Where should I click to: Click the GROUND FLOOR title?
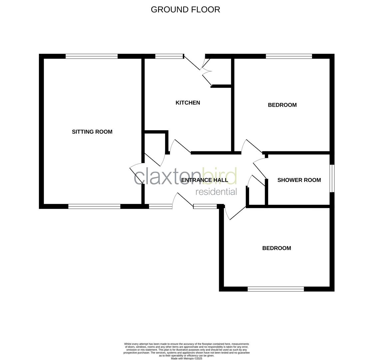point(186,10)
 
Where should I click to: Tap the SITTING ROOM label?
point(92,132)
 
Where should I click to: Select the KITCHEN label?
point(188,103)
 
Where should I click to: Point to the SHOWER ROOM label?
point(299,180)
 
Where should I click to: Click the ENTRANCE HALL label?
point(204,180)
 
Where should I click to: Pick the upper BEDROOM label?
point(282,105)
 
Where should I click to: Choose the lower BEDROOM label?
point(276,248)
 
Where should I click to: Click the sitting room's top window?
point(92,56)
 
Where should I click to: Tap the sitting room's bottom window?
point(94,207)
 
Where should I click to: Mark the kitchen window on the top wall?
point(169,56)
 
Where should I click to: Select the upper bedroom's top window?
point(289,56)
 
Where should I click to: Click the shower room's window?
point(332,178)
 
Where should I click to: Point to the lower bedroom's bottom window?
point(276,289)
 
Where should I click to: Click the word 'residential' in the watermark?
point(216,192)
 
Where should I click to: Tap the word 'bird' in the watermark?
point(220,176)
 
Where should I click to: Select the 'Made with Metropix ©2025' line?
point(186,359)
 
